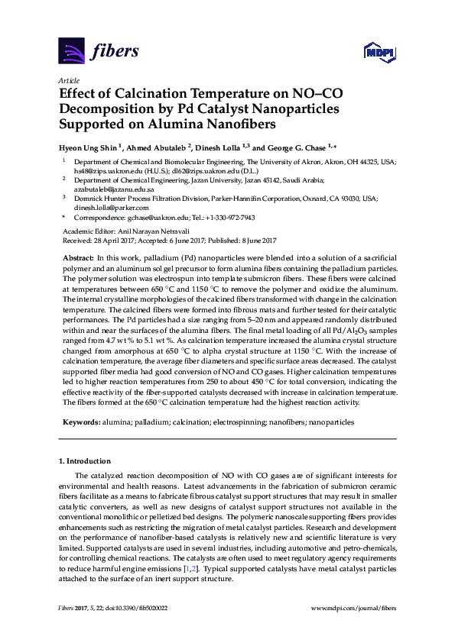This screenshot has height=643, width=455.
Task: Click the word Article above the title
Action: pos(69,79)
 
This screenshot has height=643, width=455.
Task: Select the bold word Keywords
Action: pos(80,421)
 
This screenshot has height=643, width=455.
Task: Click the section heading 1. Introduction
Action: pos(87,462)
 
